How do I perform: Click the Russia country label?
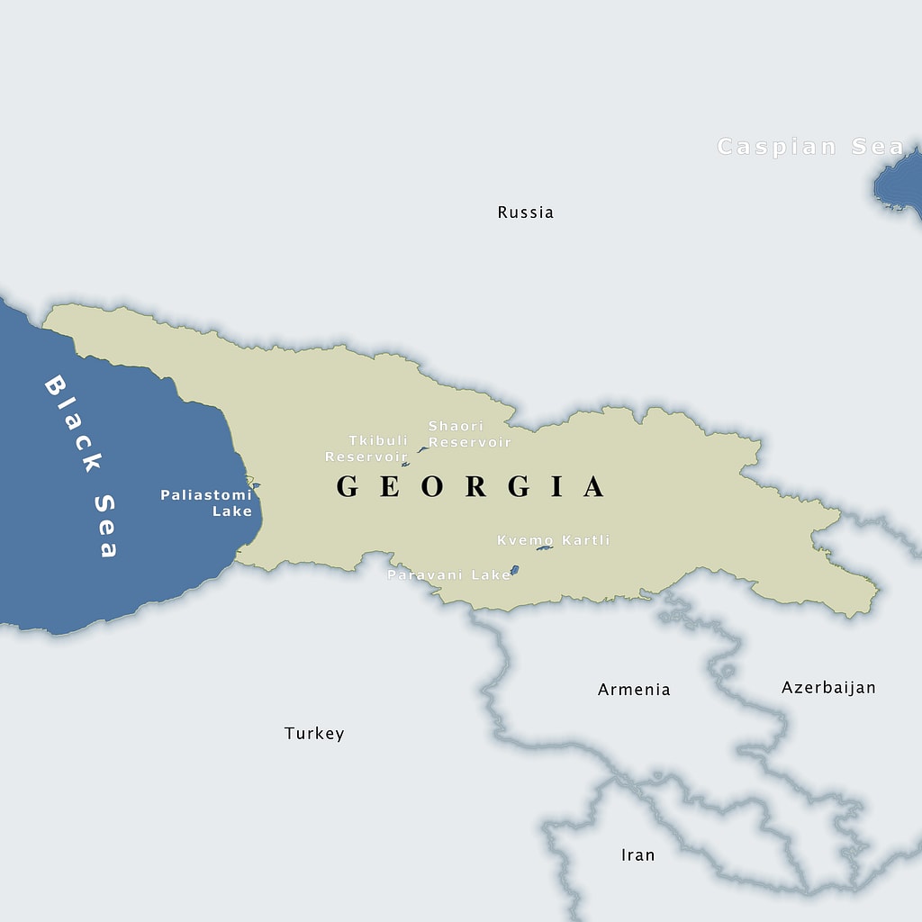coord(526,212)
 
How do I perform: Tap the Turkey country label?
coord(314,734)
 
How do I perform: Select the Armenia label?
coord(634,690)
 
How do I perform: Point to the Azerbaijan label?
coord(828,688)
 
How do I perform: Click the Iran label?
coord(637,854)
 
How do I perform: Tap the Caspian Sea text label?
coord(810,147)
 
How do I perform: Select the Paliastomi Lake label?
coord(206,502)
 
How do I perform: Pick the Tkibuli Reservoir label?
coord(367,448)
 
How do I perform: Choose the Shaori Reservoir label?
coord(469,434)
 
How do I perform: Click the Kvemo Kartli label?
coord(553,540)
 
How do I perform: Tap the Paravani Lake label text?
coord(448,574)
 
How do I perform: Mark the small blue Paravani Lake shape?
coord(514,570)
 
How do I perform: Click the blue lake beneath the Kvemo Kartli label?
coord(544,548)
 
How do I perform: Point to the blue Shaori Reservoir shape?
coord(422,449)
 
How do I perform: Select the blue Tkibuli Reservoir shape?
coord(405,465)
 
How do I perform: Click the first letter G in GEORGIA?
coord(348,487)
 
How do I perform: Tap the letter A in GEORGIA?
coord(594,487)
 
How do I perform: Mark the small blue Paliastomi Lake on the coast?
coord(256,486)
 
